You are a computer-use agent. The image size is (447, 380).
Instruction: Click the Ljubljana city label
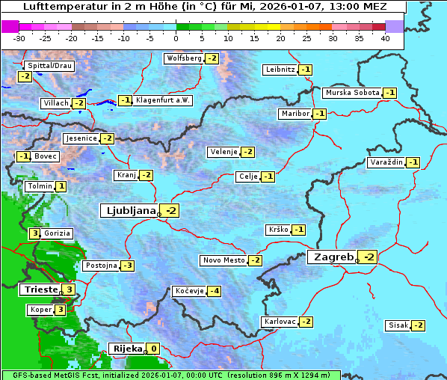pos(129,211)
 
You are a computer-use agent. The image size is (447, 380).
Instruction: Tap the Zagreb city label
pos(332,257)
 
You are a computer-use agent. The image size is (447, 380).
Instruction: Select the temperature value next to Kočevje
pos(214,291)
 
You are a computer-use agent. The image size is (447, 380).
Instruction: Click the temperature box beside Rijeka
pos(153,349)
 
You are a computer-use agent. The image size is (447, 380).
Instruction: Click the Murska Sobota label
pos(351,93)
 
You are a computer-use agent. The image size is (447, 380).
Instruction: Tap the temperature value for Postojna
pos(128,266)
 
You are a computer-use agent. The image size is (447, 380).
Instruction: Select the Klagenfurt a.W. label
pos(162,100)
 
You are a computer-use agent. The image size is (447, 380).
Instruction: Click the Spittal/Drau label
pos(49,66)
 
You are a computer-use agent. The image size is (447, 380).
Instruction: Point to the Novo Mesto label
pos(223,260)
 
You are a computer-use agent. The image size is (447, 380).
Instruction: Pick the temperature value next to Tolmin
pos(61,186)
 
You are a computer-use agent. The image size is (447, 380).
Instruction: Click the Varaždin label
pos(386,162)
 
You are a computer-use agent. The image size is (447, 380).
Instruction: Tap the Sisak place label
pos(398,325)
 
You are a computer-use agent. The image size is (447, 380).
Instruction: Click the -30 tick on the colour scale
pos(19,37)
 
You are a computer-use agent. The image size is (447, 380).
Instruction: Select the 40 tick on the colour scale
pos(385,37)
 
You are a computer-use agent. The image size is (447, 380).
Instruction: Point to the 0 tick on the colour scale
pos(176,37)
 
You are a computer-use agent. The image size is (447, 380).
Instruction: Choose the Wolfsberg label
pos(184,58)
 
